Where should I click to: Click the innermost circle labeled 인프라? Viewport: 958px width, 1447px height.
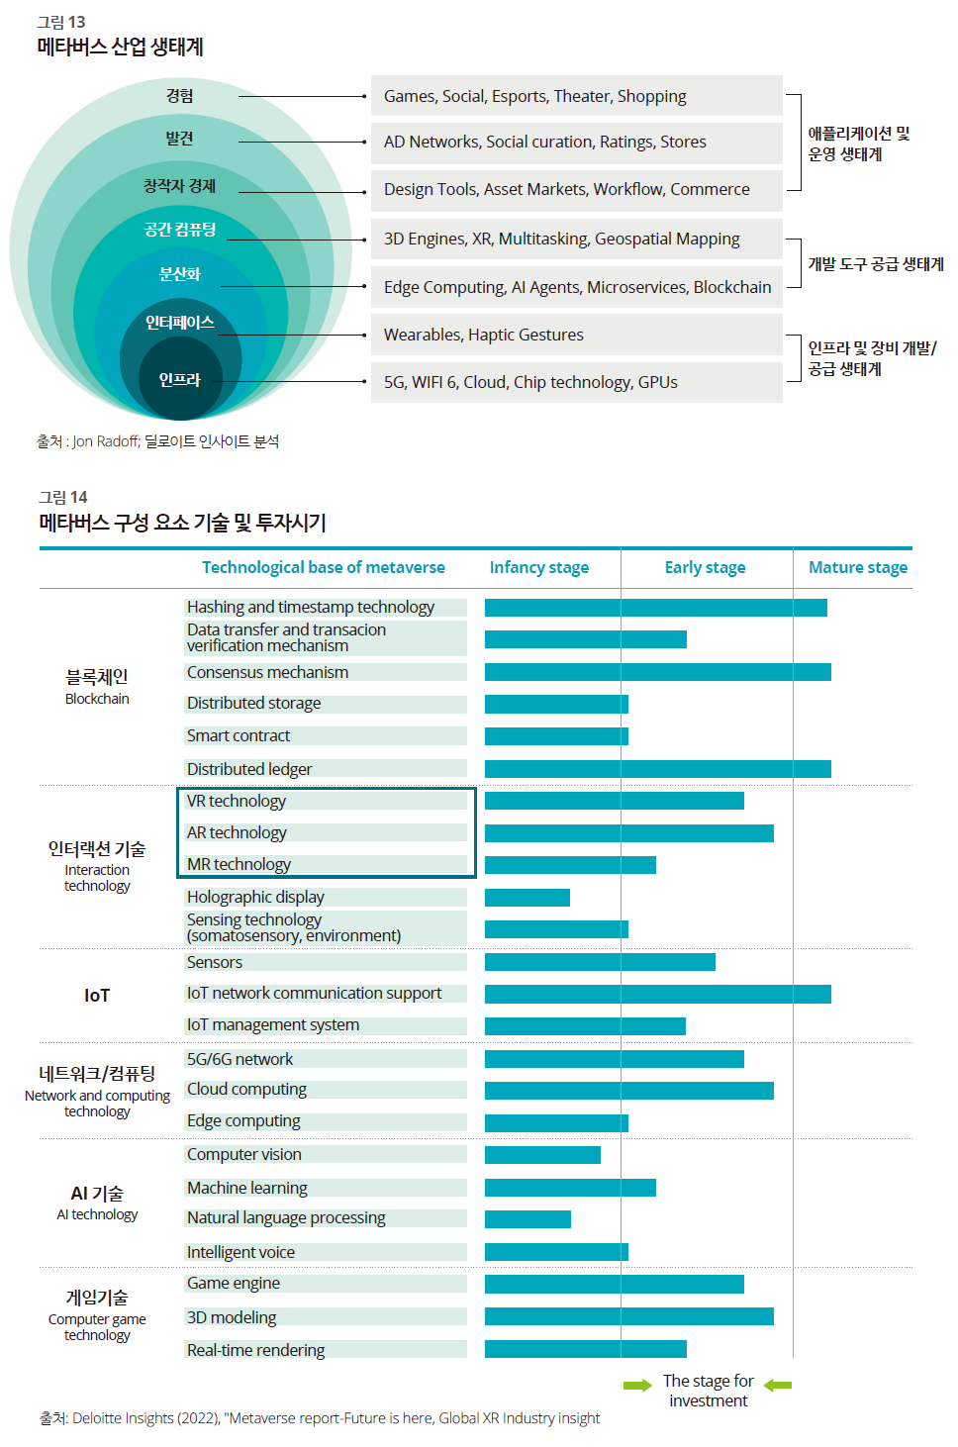[180, 379]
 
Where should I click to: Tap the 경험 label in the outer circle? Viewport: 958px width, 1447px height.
[179, 96]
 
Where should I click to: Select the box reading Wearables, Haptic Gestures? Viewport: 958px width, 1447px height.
[576, 335]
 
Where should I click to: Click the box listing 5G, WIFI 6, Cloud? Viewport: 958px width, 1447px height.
[576, 382]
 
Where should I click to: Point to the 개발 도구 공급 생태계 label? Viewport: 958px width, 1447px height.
[876, 264]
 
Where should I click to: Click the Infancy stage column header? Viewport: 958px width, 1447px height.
[538, 567]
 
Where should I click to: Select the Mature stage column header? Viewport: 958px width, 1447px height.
[858, 567]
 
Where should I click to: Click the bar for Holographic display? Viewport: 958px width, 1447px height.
[527, 898]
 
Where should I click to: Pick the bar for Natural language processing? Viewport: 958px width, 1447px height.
[527, 1219]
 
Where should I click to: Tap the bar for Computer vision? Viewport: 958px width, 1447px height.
[542, 1155]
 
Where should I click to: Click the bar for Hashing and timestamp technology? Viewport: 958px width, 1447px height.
[656, 608]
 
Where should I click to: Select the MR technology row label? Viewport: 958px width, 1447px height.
[239, 864]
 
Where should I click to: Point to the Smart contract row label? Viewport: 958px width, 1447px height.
[239, 735]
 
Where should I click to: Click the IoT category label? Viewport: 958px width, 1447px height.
[97, 996]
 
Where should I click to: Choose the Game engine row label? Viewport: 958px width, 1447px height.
[234, 1283]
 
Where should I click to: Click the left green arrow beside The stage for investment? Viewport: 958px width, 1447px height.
[637, 1385]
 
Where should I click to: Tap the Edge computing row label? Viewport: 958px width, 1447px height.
[243, 1120]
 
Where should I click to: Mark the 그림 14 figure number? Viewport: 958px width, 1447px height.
[62, 497]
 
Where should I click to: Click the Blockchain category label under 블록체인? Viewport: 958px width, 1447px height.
[97, 699]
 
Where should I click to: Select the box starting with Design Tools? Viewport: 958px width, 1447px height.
[576, 191]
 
